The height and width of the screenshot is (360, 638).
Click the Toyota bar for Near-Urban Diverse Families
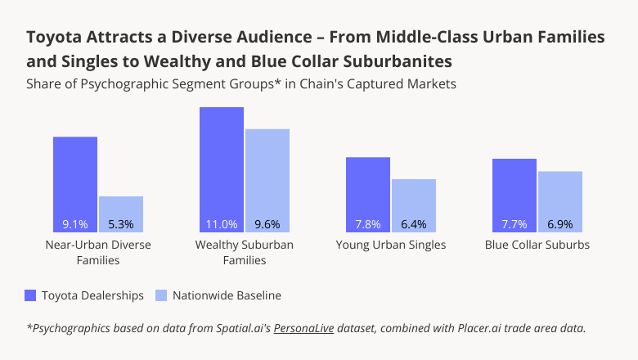(x=75, y=184)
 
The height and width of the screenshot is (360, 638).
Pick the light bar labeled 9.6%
(x=267, y=180)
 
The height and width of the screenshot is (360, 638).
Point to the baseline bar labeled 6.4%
(x=413, y=205)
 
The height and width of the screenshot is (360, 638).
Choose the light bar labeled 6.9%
(x=559, y=201)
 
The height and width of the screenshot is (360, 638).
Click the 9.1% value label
(x=75, y=224)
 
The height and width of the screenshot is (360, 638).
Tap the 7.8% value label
(x=367, y=224)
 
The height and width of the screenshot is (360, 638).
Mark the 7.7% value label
(x=514, y=224)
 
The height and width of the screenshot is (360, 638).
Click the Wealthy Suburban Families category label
(x=245, y=252)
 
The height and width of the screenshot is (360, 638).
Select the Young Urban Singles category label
(x=391, y=245)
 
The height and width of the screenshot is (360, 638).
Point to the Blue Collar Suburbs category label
(x=537, y=245)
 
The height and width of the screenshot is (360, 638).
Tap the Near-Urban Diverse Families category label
(x=98, y=252)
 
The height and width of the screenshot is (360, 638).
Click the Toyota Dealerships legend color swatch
(x=31, y=295)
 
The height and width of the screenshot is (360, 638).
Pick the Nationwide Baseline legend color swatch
(x=161, y=295)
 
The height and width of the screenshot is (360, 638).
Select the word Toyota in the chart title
(x=55, y=38)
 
